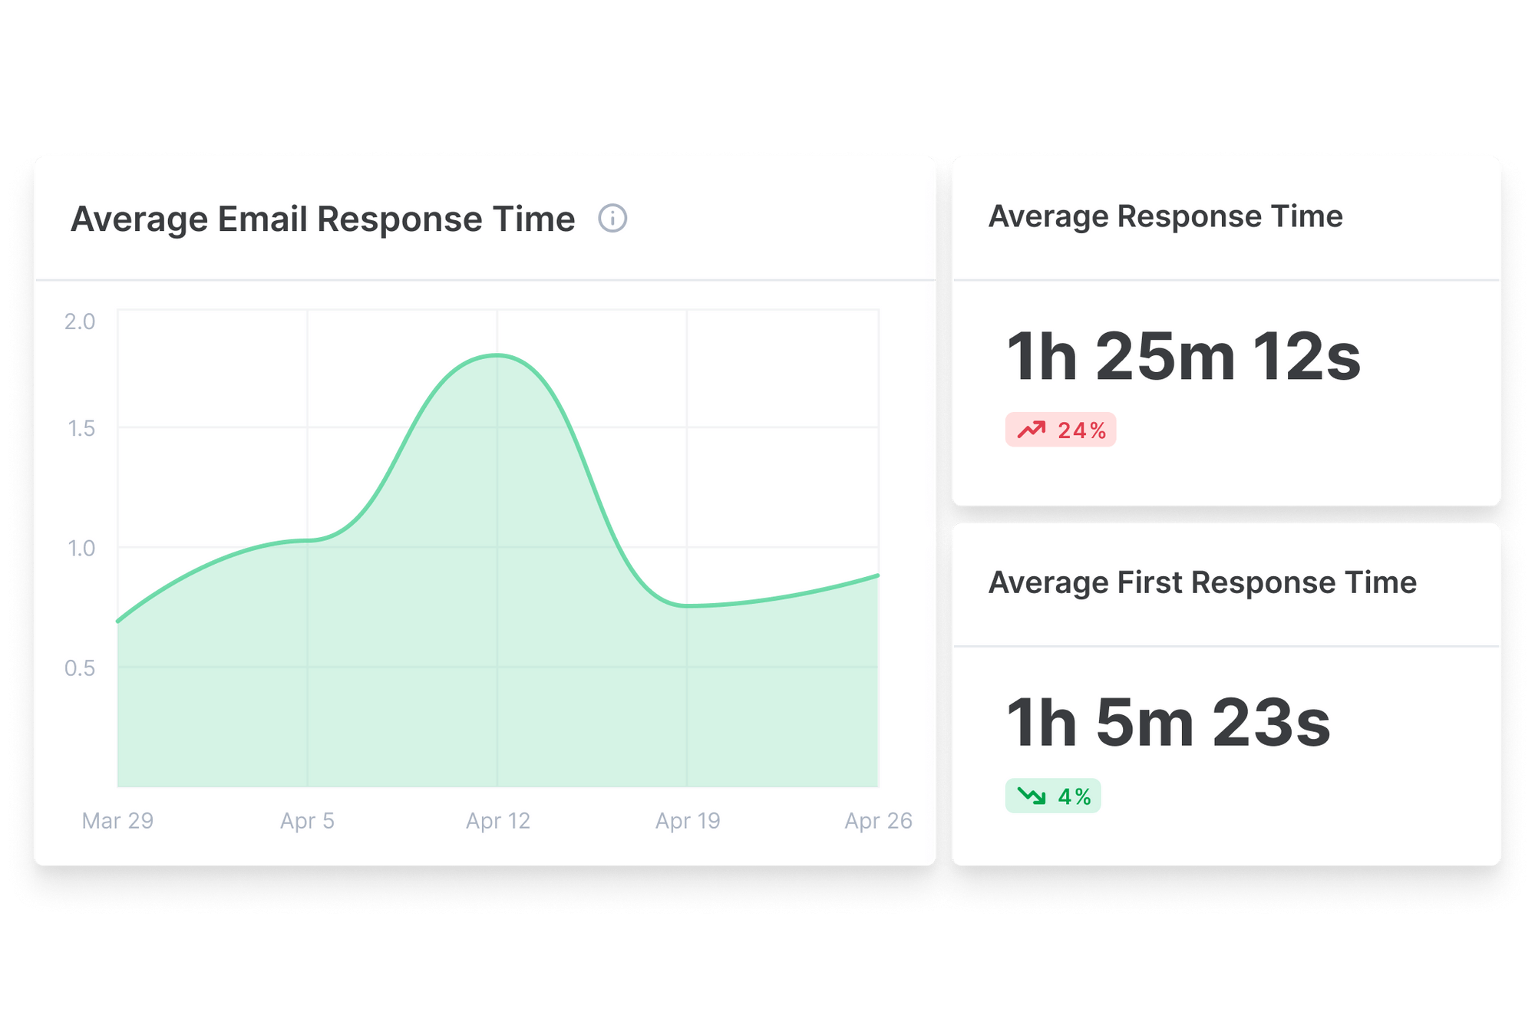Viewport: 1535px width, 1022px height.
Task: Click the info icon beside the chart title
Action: click(612, 219)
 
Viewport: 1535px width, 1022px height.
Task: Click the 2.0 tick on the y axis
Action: click(80, 321)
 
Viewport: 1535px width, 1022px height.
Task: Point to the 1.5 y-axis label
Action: click(81, 428)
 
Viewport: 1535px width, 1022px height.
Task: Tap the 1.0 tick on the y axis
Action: click(81, 549)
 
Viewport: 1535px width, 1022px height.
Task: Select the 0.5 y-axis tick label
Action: click(80, 668)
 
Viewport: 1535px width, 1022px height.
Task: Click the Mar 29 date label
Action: click(117, 821)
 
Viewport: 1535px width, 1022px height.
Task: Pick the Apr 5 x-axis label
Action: click(307, 821)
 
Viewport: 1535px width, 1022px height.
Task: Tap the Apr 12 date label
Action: click(497, 821)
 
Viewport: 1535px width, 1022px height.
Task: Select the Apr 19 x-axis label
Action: click(688, 821)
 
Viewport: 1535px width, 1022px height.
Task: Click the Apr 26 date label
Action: click(878, 821)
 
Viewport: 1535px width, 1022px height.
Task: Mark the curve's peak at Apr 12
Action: click(497, 355)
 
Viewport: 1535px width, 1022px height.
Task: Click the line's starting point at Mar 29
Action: click(118, 621)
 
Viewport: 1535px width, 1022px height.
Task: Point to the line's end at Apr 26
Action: click(877, 575)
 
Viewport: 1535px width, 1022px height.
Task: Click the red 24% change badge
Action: click(1060, 430)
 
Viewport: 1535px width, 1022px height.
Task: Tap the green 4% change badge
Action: click(1053, 796)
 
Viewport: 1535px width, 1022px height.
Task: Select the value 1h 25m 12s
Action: click(1183, 357)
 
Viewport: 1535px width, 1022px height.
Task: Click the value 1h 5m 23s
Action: click(1167, 723)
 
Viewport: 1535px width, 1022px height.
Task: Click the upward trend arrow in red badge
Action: click(1032, 430)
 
